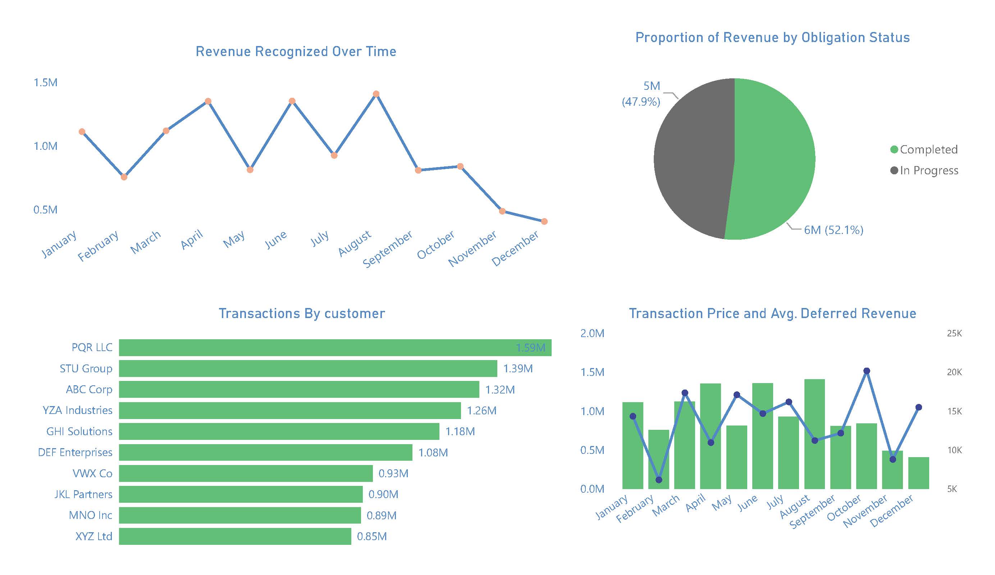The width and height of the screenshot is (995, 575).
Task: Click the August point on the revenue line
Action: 376,94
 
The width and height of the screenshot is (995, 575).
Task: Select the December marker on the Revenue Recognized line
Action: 544,221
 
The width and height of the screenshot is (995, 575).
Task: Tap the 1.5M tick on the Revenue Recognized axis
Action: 45,83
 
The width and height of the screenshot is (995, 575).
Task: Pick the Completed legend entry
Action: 924,149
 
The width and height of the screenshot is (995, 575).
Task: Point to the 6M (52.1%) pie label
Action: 834,230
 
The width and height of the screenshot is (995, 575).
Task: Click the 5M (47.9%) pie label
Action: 642,94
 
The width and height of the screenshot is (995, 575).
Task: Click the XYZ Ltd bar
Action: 235,536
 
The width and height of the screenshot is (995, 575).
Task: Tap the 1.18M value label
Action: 460,431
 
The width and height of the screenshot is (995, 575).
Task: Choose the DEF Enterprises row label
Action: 75,452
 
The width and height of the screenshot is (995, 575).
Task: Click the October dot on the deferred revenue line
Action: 867,371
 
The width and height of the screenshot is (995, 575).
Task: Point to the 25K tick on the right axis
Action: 954,333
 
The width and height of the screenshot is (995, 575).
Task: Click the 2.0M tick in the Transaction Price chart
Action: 592,333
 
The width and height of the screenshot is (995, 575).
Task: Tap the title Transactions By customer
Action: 302,313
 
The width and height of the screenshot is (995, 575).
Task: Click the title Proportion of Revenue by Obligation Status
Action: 772,37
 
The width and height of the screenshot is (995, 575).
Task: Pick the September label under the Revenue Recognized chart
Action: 388,249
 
